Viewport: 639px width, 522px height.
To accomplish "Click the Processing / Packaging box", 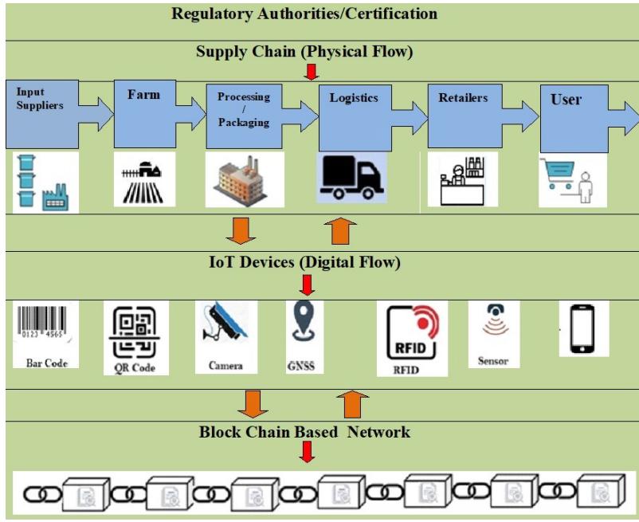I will pyautogui.click(x=244, y=116).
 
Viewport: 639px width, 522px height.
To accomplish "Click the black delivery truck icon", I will pyautogui.click(x=351, y=178).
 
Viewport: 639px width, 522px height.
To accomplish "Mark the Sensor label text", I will pyautogui.click(x=493, y=361).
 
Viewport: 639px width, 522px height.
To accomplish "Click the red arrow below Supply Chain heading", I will pyautogui.click(x=312, y=73).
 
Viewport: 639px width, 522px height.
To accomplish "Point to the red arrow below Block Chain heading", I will pyautogui.click(x=308, y=452).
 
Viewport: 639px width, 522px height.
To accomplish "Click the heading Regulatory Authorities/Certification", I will pyautogui.click(x=304, y=14).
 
